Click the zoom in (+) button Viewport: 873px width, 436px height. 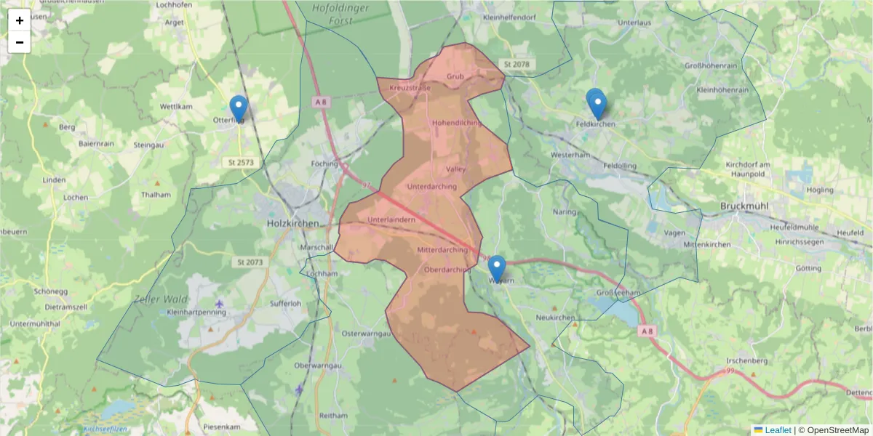click(x=20, y=20)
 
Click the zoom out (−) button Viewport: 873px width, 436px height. click(x=20, y=42)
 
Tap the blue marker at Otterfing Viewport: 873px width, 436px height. click(x=238, y=109)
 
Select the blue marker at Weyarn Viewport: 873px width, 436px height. click(x=497, y=269)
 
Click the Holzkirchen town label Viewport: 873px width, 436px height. click(x=293, y=224)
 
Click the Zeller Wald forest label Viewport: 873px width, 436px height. click(x=160, y=299)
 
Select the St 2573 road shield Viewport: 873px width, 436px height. click(x=241, y=162)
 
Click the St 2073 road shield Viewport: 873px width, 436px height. click(x=250, y=262)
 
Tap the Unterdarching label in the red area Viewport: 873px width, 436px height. click(x=432, y=187)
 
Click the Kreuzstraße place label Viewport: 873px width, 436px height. click(x=410, y=88)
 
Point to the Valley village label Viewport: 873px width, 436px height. click(x=455, y=169)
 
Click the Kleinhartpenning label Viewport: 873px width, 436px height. click(x=196, y=312)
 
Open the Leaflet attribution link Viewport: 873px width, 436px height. click(x=777, y=430)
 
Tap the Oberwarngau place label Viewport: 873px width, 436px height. click(x=318, y=365)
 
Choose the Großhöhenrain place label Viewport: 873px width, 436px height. click(x=713, y=66)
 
